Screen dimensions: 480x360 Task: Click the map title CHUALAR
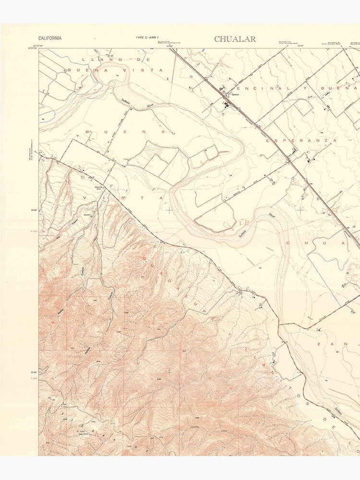click(235, 39)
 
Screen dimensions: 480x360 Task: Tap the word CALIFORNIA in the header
click(50, 38)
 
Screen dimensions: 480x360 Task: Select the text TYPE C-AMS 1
click(147, 37)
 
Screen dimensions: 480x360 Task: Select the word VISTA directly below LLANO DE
click(126, 70)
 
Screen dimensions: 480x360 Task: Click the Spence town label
click(235, 94)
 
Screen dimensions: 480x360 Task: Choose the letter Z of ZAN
click(318, 344)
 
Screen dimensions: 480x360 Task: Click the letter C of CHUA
click(289, 243)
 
